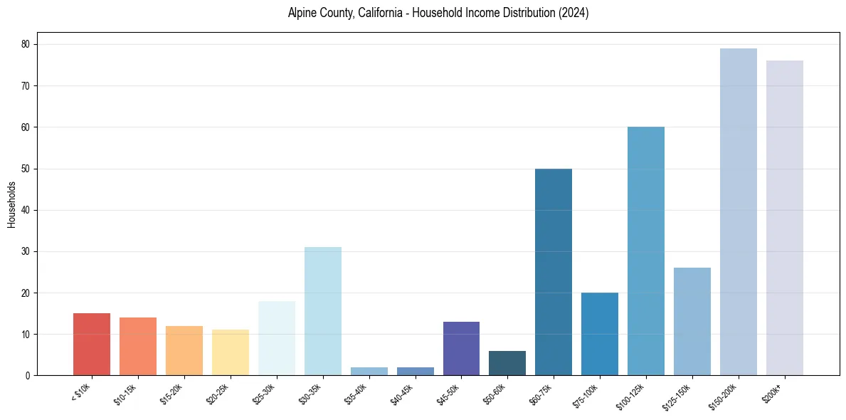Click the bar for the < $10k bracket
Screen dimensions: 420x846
tap(92, 345)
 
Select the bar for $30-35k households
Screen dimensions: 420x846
tap(323, 311)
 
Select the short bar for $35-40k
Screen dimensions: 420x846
tap(369, 371)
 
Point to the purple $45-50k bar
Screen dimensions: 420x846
tap(461, 348)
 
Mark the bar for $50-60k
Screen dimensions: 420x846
tap(507, 363)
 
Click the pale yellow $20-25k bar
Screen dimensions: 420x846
tap(231, 352)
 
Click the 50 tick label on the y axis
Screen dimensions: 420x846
tap(26, 169)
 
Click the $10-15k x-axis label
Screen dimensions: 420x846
tap(125, 393)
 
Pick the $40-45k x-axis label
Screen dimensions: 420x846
tap(402, 393)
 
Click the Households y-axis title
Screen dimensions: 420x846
tap(11, 204)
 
